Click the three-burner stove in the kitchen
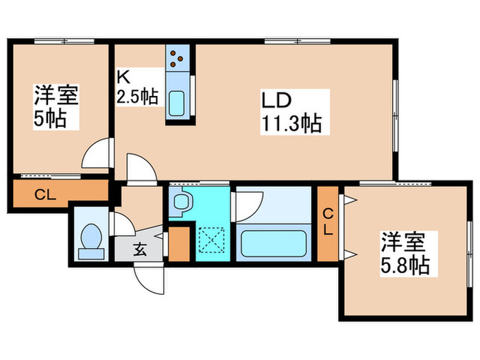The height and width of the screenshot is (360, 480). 178,60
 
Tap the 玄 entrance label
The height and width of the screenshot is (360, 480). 140,249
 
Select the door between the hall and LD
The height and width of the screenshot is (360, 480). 141,168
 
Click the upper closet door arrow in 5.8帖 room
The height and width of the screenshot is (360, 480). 350,200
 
